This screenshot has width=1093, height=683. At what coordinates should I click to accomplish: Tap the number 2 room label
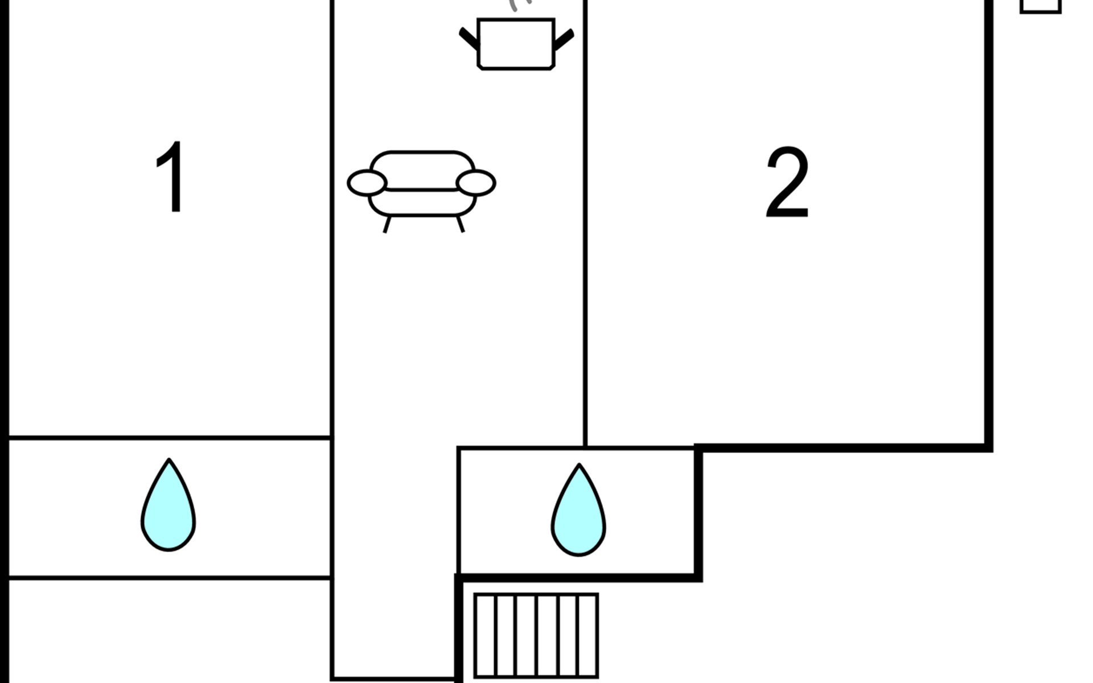787,182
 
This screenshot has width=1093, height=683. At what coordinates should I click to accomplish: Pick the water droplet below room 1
169,505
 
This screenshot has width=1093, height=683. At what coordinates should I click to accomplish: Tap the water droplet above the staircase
578,511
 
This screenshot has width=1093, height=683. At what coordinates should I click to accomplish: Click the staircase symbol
536,636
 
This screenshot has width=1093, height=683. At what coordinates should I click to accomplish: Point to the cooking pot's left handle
470,39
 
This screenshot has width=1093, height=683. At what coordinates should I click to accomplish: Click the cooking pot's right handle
564,40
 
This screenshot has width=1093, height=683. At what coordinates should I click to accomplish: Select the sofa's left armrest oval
367,183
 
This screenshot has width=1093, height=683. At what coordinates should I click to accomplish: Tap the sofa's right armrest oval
476,183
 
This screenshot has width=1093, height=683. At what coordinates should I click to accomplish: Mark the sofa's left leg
387,224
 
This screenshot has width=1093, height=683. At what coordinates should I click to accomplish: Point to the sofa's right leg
461,224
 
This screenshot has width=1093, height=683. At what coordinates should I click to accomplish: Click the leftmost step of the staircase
486,636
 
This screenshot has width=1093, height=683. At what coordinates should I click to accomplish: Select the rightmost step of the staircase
587,636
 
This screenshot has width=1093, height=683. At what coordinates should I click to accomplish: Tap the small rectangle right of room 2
1041,6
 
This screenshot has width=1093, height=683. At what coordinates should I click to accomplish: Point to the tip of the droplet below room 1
169,459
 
